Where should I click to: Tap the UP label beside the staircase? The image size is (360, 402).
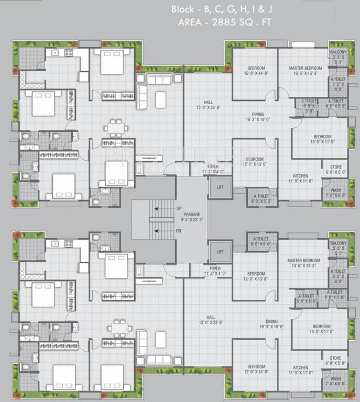point(179,209)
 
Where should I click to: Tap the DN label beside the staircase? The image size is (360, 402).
point(179,230)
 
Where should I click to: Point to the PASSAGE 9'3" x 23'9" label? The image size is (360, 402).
point(192,217)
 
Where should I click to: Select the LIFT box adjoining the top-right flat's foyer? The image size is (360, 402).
point(219,186)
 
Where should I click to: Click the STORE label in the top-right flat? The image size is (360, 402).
point(335,168)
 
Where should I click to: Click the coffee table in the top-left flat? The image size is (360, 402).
point(160,99)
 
